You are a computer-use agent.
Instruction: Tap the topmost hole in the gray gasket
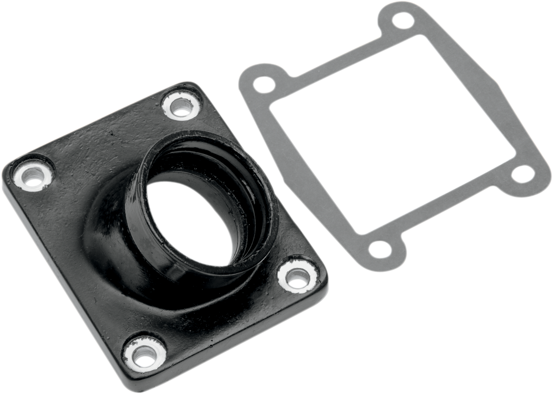point(402,20)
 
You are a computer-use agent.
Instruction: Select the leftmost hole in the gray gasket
point(263,84)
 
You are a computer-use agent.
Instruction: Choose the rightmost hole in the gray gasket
point(523,174)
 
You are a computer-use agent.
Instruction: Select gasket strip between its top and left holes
point(331,63)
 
